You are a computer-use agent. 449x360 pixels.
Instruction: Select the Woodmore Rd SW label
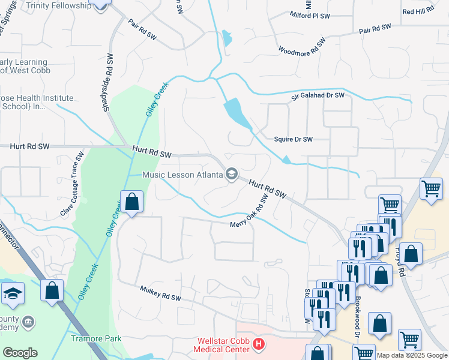(302, 47)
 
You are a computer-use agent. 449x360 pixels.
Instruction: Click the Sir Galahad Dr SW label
(318, 95)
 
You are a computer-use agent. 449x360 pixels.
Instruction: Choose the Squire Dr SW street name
(294, 139)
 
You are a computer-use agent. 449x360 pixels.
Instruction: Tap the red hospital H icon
(259, 344)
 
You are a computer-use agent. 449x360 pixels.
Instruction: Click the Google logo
(20, 353)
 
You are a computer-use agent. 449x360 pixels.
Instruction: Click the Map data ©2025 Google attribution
(412, 355)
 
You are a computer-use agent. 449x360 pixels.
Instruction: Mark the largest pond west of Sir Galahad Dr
(237, 113)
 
